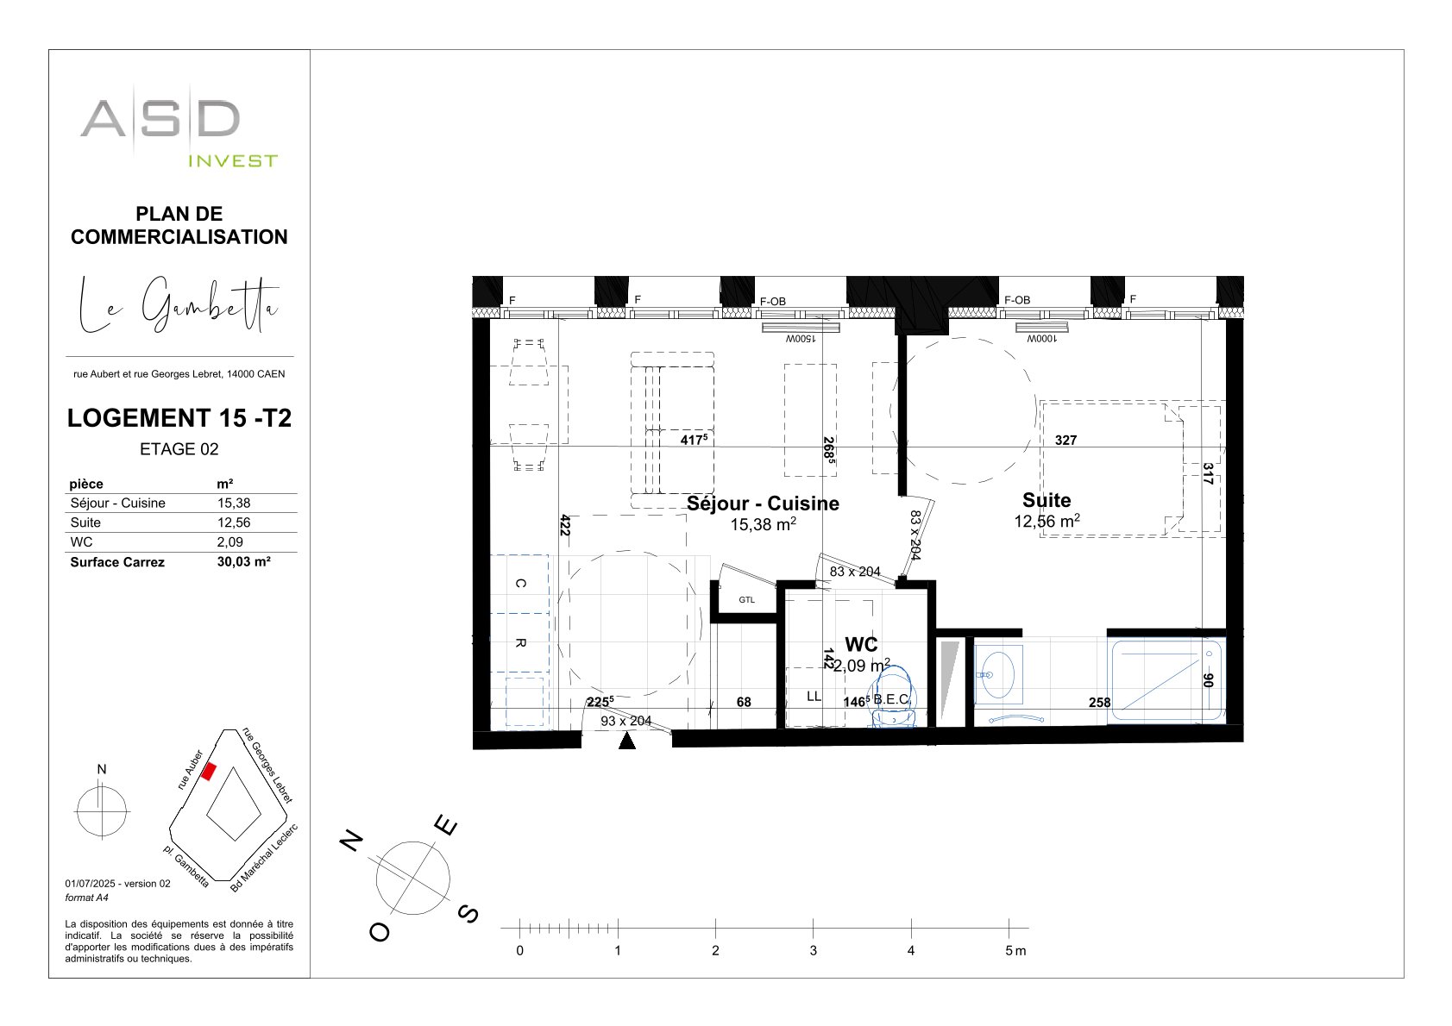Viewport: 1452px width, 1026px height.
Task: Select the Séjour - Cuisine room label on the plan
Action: pyautogui.click(x=763, y=504)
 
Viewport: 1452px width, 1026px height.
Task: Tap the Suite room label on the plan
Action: pyautogui.click(x=1047, y=500)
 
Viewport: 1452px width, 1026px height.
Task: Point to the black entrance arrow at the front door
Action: pyautogui.click(x=627, y=741)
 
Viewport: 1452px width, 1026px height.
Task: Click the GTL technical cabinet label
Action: pyautogui.click(x=747, y=600)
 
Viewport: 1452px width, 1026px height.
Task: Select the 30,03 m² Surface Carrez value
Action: pyautogui.click(x=244, y=561)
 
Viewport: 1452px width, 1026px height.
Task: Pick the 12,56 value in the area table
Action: pyautogui.click(x=233, y=522)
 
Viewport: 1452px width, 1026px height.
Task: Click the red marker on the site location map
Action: pyautogui.click(x=209, y=772)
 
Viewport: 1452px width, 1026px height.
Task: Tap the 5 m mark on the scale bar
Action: pyautogui.click(x=1015, y=950)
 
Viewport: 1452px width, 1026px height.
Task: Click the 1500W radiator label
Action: pyautogui.click(x=801, y=339)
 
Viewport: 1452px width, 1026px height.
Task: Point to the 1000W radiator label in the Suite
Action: pyautogui.click(x=1041, y=339)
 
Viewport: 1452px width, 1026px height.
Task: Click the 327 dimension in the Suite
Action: pyautogui.click(x=1065, y=441)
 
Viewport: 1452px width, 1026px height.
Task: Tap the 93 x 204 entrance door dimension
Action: pyautogui.click(x=625, y=721)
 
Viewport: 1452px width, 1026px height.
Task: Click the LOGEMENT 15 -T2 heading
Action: pyautogui.click(x=179, y=418)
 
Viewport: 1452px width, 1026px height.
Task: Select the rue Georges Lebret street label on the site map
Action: pyautogui.click(x=267, y=765)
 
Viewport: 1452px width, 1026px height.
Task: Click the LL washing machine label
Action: pyautogui.click(x=814, y=697)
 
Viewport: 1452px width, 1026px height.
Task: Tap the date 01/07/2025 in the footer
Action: pyautogui.click(x=90, y=884)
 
